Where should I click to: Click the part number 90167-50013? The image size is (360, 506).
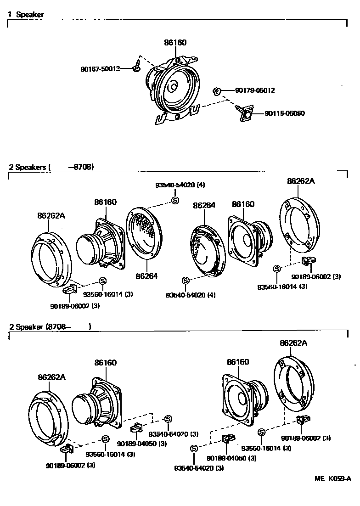[100, 69]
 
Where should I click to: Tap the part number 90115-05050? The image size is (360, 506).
[285, 113]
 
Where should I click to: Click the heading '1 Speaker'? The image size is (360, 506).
[26, 14]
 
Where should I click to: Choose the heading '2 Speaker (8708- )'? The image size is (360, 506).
[51, 327]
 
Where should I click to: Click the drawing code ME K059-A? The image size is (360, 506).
[333, 478]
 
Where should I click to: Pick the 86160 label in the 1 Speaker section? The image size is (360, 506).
[175, 43]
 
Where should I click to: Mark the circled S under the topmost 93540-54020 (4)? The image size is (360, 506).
[174, 200]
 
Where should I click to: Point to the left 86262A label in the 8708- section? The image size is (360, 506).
[52, 377]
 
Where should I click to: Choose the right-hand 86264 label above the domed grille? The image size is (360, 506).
[204, 206]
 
